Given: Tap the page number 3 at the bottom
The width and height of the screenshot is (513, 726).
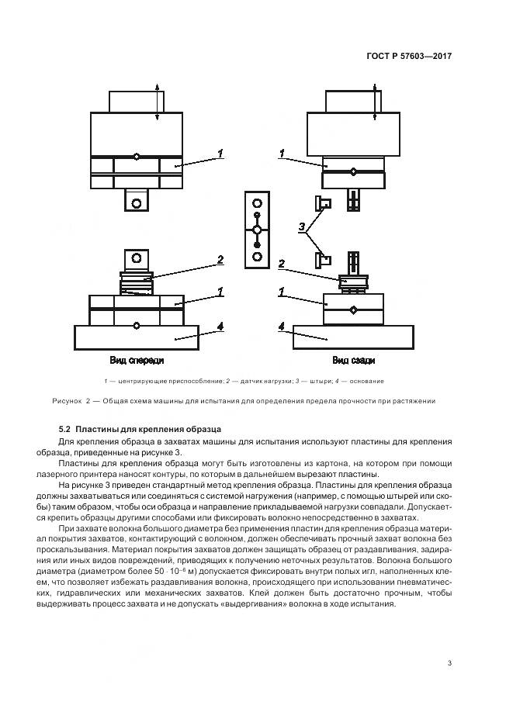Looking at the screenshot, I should (x=449, y=662).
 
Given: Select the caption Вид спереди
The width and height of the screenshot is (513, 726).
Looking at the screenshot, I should (x=137, y=361).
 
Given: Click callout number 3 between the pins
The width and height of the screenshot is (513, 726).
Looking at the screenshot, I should (x=301, y=227).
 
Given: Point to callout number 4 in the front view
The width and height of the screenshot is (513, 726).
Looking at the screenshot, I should (x=220, y=327).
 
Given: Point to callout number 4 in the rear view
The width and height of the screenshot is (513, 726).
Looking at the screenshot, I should (x=281, y=327).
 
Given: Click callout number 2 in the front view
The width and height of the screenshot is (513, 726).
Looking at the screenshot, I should (x=220, y=260).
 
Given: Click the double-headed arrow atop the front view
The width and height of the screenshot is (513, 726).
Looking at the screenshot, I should (x=158, y=102).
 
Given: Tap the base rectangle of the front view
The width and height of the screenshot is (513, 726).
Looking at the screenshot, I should (x=137, y=337).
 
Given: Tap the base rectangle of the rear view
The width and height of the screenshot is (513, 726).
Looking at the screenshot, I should (x=352, y=337).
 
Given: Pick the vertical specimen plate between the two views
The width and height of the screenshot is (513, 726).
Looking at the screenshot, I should (x=257, y=230).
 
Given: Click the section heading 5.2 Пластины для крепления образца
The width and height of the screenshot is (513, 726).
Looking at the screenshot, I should (x=140, y=429).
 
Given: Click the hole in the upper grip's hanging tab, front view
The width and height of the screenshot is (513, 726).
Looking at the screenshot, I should (x=137, y=202).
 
